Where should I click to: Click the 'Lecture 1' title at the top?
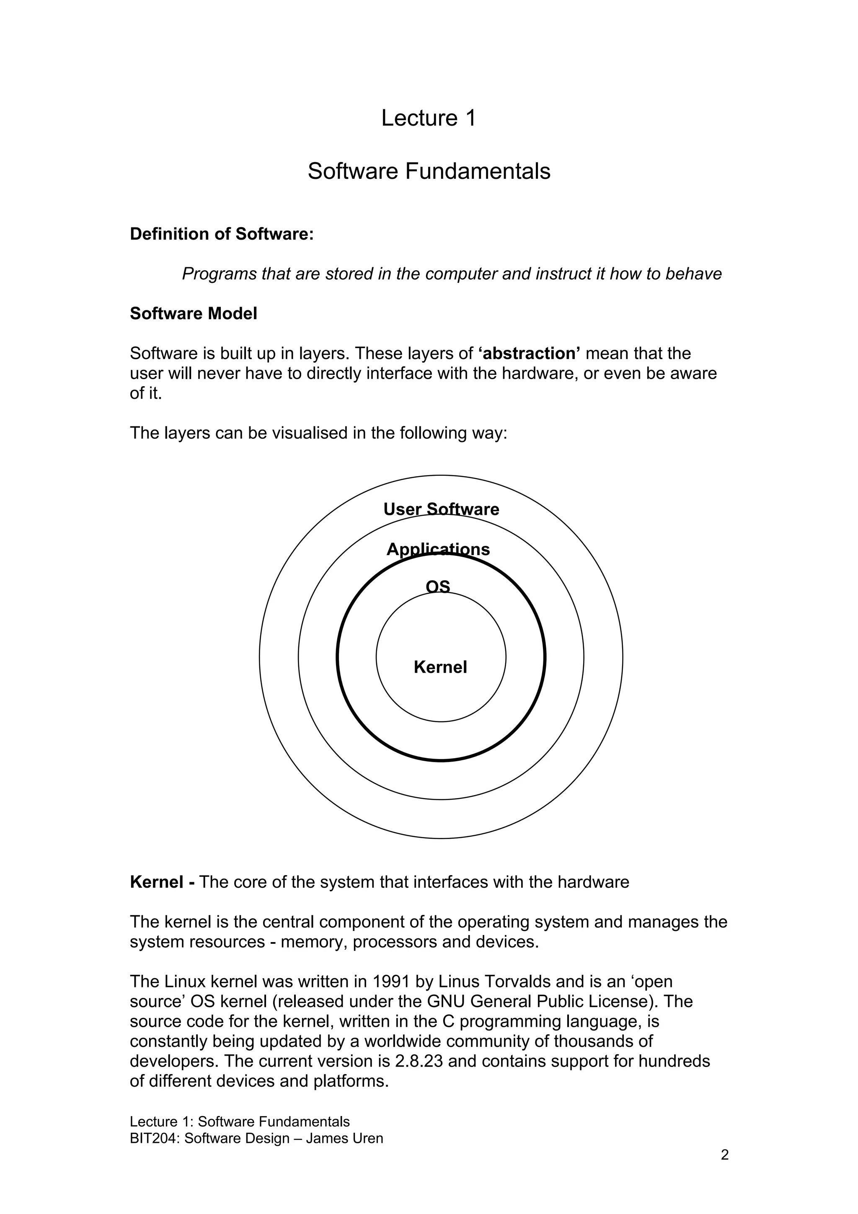[428, 118]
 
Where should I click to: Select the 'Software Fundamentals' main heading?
[429, 171]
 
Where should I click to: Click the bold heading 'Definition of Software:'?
[222, 234]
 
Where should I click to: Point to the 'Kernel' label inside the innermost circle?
[440, 667]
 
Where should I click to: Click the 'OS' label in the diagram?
[438, 586]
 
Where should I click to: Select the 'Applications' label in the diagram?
[438, 549]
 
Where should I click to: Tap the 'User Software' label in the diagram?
[441, 509]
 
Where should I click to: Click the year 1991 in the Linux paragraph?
[391, 982]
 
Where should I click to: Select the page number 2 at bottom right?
[724, 1155]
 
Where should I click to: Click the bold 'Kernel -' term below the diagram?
[162, 882]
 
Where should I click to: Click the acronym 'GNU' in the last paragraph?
[446, 1002]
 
